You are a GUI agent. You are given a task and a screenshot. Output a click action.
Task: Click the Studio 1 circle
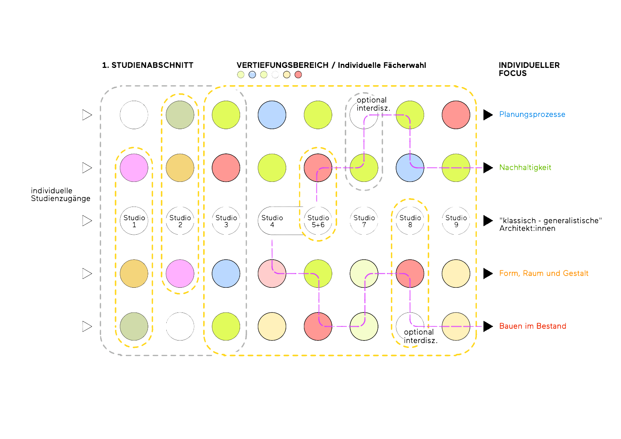coord(134,221)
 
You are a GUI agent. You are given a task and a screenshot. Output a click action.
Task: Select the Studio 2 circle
coord(180,221)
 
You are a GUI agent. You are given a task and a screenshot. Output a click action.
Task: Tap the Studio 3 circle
coord(226,221)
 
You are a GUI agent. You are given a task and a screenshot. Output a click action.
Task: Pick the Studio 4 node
coord(272,221)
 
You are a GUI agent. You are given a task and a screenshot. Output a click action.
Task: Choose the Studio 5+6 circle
coord(318,221)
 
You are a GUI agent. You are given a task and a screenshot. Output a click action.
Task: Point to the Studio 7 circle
coord(364,221)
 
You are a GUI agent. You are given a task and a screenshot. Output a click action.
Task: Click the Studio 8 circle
coord(410,221)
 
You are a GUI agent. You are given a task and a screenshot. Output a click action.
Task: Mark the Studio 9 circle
coord(456,221)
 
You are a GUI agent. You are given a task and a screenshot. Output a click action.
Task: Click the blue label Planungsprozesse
coord(532,114)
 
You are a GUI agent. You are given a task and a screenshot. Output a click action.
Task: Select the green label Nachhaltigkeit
coord(525,167)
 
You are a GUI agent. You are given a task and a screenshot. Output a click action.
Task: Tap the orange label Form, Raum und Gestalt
coord(544,273)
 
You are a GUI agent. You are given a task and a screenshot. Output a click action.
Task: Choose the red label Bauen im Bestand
coord(532,326)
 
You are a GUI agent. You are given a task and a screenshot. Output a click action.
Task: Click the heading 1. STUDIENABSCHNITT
coord(148,65)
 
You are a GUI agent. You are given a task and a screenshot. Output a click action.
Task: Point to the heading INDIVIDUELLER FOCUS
coord(529,69)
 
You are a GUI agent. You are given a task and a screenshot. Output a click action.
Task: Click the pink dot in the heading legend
coord(298,75)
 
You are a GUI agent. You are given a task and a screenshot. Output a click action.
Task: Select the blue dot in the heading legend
coord(252,75)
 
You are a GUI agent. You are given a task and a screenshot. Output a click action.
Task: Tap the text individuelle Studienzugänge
coord(60,195)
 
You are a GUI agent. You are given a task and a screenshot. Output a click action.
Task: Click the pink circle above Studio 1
coord(134,168)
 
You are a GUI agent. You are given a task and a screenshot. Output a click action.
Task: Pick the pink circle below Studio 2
coord(180,273)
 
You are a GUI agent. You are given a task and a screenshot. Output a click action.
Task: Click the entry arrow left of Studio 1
coord(87,221)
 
